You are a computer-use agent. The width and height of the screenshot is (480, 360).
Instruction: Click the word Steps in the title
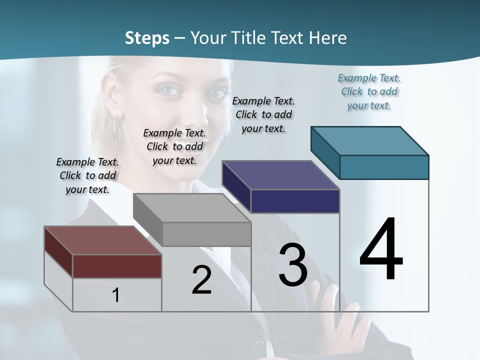(147, 38)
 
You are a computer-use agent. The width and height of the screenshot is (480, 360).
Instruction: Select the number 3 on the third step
(293, 265)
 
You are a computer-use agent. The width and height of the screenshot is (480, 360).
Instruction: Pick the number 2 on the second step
(201, 280)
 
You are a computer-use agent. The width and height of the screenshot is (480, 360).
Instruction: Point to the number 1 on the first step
(116, 295)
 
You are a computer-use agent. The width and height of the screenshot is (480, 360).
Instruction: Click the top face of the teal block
(370, 140)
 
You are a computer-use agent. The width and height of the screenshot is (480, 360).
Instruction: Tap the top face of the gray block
(192, 207)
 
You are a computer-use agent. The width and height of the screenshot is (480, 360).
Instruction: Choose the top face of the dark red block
(103, 240)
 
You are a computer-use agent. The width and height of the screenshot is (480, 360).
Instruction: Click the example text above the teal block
(369, 91)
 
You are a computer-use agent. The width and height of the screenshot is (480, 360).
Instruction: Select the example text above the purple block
(263, 114)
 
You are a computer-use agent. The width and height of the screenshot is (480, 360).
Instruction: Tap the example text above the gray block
(174, 146)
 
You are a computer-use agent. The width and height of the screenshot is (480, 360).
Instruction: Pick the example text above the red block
(87, 175)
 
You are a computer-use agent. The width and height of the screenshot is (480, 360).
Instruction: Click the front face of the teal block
(384, 167)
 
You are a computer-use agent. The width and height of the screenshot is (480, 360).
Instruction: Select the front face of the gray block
(206, 234)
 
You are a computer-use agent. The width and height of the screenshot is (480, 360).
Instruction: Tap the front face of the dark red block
(117, 266)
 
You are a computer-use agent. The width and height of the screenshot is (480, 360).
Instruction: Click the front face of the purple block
(295, 201)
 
